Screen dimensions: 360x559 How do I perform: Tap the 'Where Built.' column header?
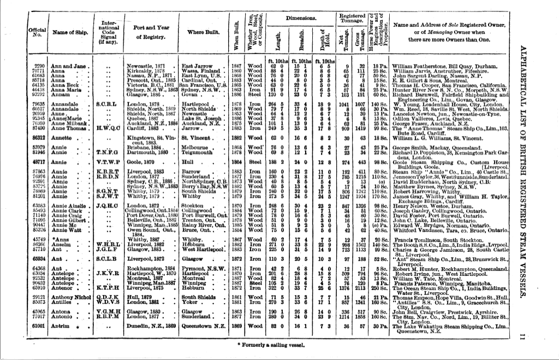tap(203, 32)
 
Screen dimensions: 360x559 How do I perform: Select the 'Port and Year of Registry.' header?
tap(149, 32)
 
